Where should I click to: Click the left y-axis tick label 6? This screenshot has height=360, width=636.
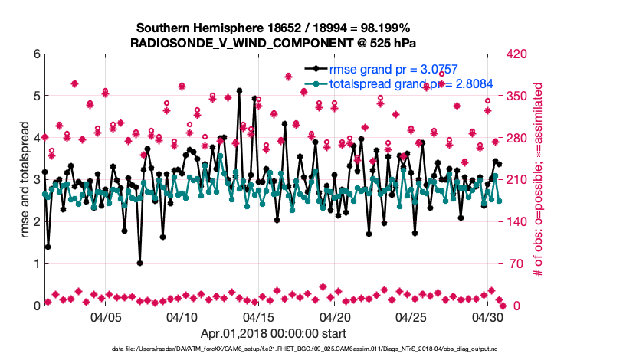[37, 54]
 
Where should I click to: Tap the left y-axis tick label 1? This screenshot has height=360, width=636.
[37, 263]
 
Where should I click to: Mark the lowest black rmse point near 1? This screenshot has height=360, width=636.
[139, 263]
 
